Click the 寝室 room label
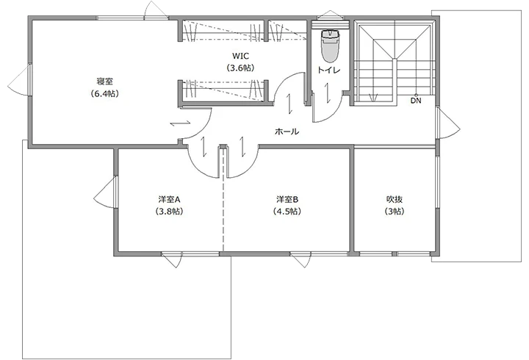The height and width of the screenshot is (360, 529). click(104, 81)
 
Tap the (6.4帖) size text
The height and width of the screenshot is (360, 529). click(104, 93)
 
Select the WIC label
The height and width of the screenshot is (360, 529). click(241, 56)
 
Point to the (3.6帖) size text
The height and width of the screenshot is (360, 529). click(241, 68)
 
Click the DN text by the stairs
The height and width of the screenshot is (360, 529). click(416, 101)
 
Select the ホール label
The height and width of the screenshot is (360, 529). click(286, 132)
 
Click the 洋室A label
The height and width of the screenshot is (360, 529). click(169, 199)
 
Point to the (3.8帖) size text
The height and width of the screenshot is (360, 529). click(169, 212)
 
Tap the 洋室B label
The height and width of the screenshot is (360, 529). click(287, 199)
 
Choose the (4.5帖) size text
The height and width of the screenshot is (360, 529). click(287, 212)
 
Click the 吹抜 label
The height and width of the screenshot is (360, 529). click(394, 199)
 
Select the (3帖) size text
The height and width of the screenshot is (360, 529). click(394, 212)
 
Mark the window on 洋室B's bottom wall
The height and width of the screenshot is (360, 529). click(302, 259)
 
